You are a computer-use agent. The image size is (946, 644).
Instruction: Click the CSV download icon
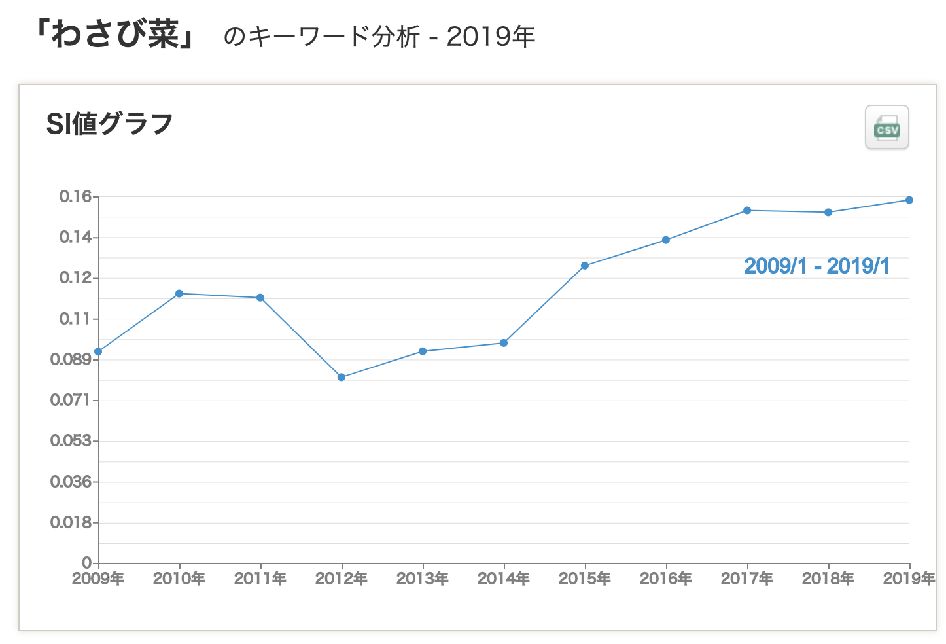tap(886, 128)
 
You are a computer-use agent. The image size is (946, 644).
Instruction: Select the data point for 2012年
tap(342, 377)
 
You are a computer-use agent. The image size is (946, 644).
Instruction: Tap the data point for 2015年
tap(585, 266)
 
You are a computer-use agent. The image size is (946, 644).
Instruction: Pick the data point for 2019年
tap(909, 200)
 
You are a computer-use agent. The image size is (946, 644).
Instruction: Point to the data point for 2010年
tap(179, 294)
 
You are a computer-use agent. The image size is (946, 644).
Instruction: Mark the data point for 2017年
tap(747, 211)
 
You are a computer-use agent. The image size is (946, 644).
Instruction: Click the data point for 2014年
tap(504, 343)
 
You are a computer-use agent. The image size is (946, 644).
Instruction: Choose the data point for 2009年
tap(98, 351)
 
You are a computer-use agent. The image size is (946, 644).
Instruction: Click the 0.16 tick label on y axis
tap(75, 196)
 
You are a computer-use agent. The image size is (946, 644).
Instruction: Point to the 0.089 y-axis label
tap(71, 359)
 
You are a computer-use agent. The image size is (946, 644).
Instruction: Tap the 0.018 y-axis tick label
tap(71, 522)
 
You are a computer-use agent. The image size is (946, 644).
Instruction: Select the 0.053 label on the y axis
tap(71, 440)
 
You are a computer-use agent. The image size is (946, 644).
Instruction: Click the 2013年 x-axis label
tap(423, 579)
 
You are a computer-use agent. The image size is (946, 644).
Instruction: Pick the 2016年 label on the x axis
tap(666, 579)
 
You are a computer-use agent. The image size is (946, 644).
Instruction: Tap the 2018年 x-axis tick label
tap(828, 579)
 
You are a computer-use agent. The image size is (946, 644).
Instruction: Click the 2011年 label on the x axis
tap(260, 579)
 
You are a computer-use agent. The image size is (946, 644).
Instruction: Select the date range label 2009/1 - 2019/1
tap(816, 266)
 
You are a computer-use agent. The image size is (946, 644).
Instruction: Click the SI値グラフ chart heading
tap(109, 124)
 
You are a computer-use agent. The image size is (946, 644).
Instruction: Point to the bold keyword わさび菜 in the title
tap(115, 35)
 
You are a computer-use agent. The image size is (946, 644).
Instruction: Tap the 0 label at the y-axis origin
tap(86, 563)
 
